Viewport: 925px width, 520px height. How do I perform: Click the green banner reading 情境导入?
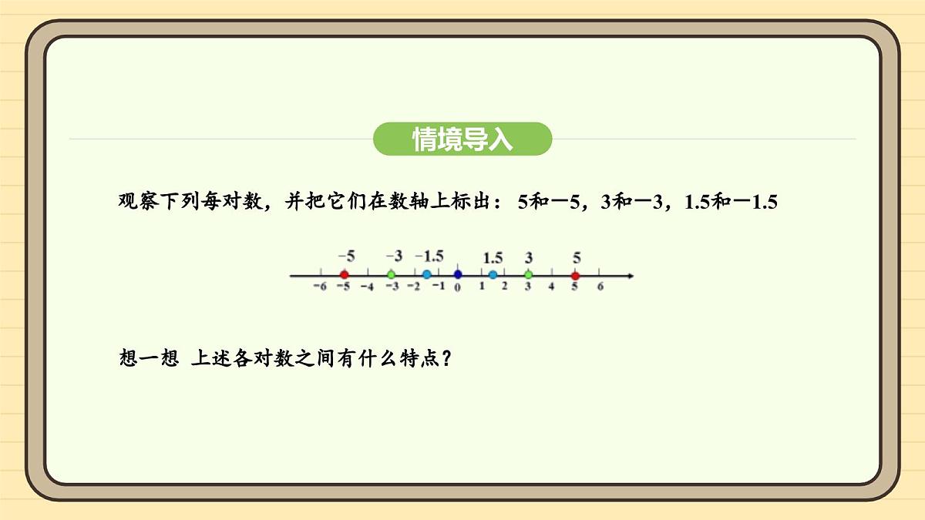coord(462,139)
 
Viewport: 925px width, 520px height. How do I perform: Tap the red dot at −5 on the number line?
coord(344,275)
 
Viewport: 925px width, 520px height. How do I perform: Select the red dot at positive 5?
coord(575,275)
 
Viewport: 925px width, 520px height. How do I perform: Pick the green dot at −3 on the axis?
coord(391,275)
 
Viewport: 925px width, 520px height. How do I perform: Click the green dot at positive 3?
coord(528,275)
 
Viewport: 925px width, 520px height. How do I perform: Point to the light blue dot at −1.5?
coord(426,275)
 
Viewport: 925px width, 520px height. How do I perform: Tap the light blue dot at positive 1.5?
coord(493,275)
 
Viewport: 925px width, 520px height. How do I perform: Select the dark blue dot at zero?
coord(458,274)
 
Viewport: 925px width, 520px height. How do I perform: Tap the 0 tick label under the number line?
coord(458,288)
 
